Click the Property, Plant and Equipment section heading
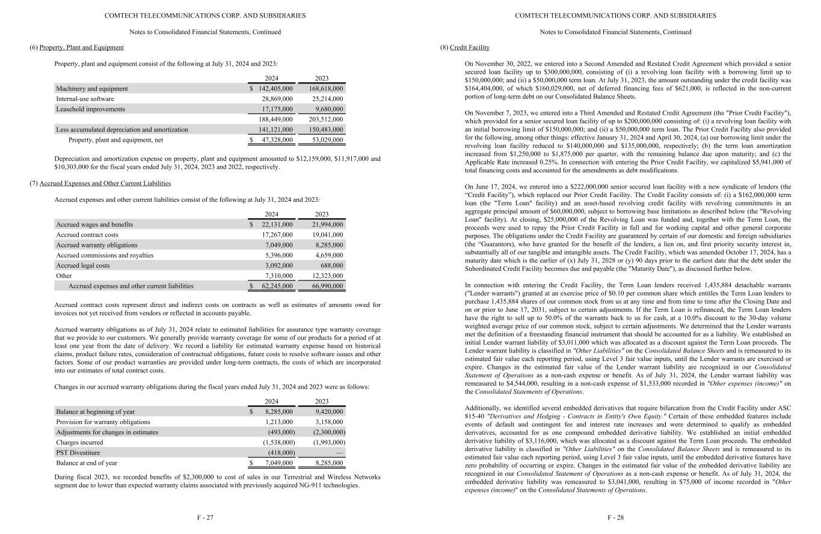pyautogui.click(x=81, y=47)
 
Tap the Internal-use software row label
pyautogui.click(x=85, y=99)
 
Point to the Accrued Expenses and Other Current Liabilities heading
pyautogui.click(x=105, y=183)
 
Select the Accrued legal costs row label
pyautogui.click(x=83, y=265)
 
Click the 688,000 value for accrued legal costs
pyautogui.click(x=332, y=265)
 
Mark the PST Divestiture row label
pyautogui.click(x=78, y=453)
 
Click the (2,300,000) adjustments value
pyautogui.click(x=329, y=432)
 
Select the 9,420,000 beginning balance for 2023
pyautogui.click(x=330, y=412)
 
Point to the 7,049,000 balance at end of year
pyautogui.click(x=279, y=463)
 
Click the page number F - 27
pyautogui.click(x=205, y=518)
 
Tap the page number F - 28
pyautogui.click(x=615, y=518)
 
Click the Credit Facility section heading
pyautogui.click(x=469, y=47)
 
